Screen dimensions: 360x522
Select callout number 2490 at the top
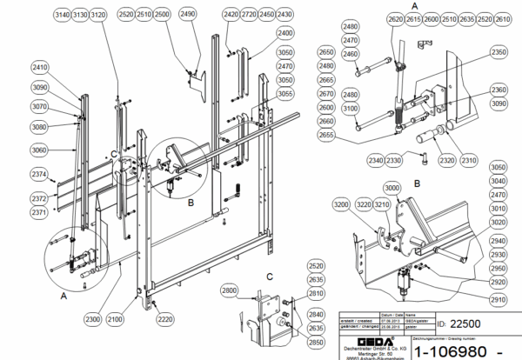[188, 15]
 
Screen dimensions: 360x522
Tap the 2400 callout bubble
[285, 32]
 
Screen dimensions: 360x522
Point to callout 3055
[285, 93]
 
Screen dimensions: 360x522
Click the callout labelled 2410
[41, 67]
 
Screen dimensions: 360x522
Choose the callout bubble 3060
[41, 150]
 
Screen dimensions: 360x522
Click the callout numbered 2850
[316, 342]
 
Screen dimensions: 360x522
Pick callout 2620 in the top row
[394, 18]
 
